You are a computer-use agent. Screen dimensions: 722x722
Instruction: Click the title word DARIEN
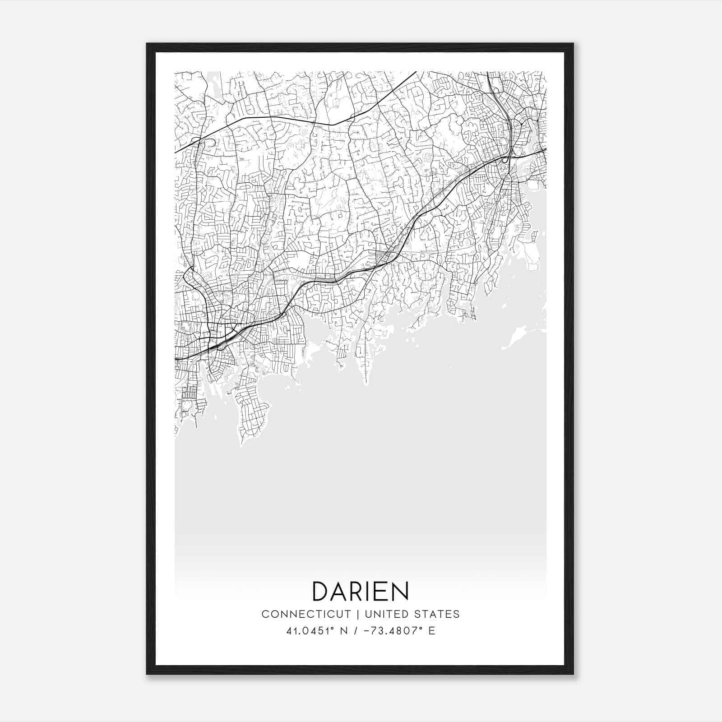(361, 591)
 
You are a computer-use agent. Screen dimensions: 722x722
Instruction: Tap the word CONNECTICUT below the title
(306, 614)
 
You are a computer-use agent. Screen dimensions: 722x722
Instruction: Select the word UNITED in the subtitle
(387, 614)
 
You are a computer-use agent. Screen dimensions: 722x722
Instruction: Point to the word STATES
(437, 614)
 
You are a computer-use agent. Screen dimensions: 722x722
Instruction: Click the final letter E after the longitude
(432, 631)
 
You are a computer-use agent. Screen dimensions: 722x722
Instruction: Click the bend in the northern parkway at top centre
(333, 125)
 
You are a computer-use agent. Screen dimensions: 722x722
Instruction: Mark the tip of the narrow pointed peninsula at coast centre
(366, 384)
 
